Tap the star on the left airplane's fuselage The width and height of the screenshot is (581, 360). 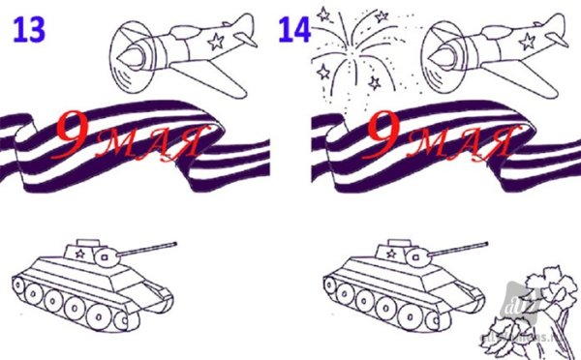point(215,42)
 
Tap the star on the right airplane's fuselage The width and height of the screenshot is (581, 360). point(526,42)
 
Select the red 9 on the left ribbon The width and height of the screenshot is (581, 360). point(76,135)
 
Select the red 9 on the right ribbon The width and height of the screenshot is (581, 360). point(390,135)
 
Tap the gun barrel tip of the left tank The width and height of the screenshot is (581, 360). point(176,243)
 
